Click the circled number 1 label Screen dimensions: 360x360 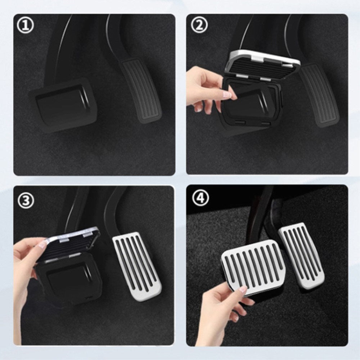[26, 26]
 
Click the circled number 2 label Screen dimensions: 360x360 [199, 26]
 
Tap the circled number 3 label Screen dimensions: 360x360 [26, 201]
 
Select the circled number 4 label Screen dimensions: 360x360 [199, 197]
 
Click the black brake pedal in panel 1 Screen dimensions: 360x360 [63, 104]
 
